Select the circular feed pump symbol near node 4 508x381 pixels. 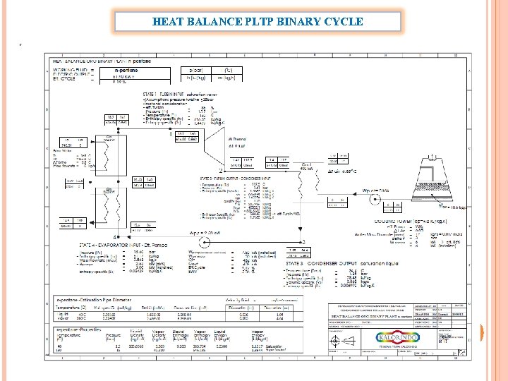pos(127,229)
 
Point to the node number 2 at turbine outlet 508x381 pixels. pos(221,171)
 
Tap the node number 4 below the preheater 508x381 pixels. pos(115,236)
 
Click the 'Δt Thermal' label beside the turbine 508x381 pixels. pos(238,140)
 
